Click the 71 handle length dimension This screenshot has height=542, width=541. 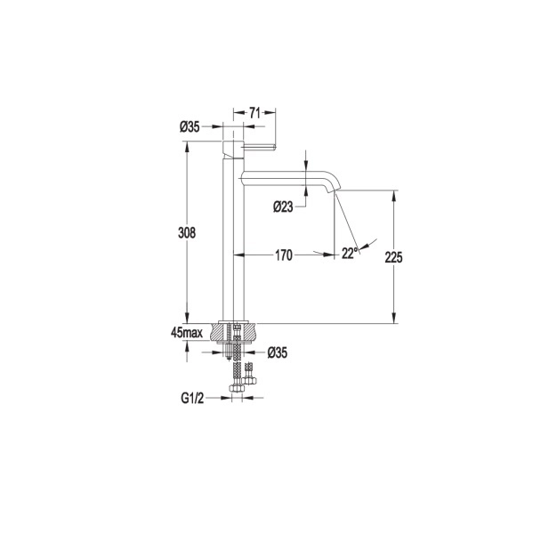[254, 113]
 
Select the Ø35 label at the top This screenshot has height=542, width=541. [190, 127]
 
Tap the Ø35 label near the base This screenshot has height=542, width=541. [278, 352]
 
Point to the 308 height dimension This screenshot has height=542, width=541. [187, 233]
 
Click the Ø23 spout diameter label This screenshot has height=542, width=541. [283, 206]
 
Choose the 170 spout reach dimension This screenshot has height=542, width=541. [284, 255]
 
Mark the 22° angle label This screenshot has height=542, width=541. [349, 254]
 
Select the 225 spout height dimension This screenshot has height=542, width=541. [393, 257]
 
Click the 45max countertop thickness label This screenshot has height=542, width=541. [187, 333]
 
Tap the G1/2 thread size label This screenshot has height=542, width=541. [192, 399]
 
